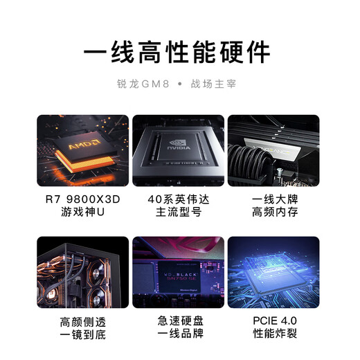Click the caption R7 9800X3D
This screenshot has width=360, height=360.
(x=83, y=199)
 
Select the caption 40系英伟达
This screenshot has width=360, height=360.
(x=179, y=199)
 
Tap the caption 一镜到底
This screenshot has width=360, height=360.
(x=83, y=336)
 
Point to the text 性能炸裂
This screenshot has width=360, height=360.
(x=273, y=336)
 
